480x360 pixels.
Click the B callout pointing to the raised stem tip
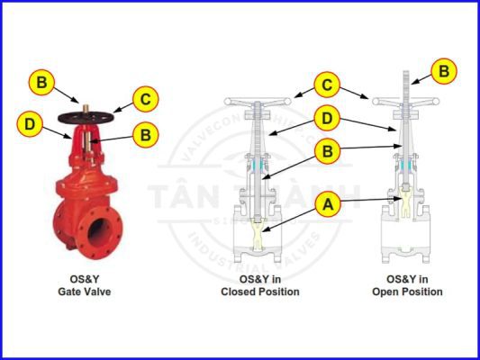click(441, 69)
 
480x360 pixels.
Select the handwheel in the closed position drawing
click(261, 101)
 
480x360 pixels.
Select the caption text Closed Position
click(260, 292)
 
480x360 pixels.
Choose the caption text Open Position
click(407, 292)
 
